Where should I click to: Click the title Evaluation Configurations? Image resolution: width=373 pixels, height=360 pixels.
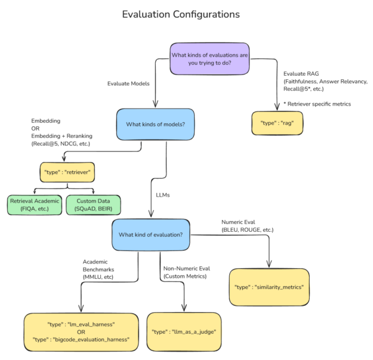[x=181, y=13]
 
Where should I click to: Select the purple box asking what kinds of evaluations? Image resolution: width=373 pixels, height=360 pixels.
[x=209, y=59]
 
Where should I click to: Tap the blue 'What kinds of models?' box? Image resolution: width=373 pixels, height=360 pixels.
[x=155, y=124]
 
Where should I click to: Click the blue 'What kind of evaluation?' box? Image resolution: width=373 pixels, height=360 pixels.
[x=151, y=234]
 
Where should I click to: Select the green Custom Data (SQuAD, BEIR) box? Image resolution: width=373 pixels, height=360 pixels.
[x=93, y=204]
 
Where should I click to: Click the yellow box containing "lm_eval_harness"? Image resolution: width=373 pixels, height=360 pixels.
[x=81, y=331]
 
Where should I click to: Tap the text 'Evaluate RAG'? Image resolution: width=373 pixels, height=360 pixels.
[x=302, y=73]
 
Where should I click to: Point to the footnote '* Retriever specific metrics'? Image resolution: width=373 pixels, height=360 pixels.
[x=317, y=104]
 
